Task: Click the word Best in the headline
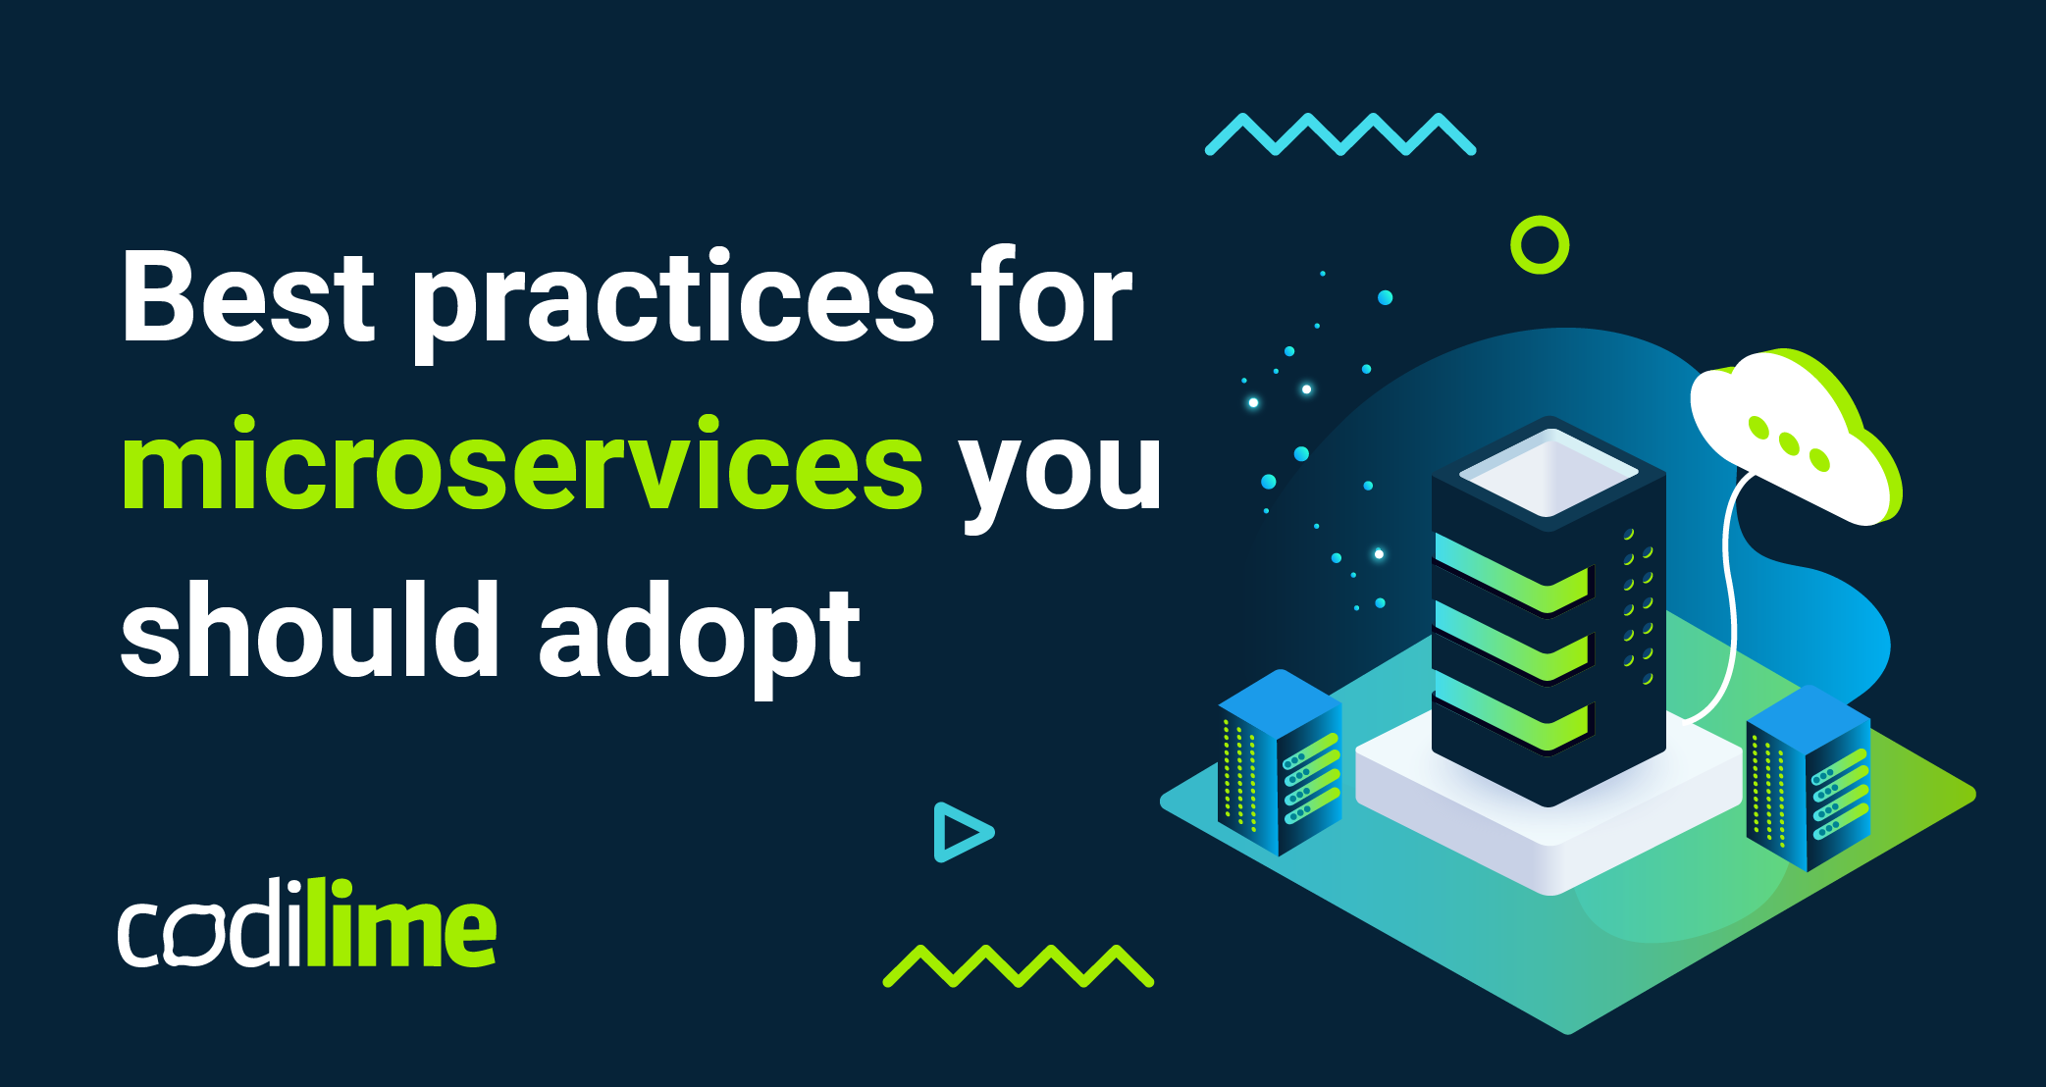point(248,296)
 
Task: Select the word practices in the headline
point(673,304)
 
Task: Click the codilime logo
point(307,923)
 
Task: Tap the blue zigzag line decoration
point(1340,134)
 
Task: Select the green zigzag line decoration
point(1019,965)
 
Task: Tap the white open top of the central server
point(1548,473)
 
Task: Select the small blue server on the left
point(1280,763)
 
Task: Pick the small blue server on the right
point(1809,778)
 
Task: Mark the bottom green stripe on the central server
point(1512,711)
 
